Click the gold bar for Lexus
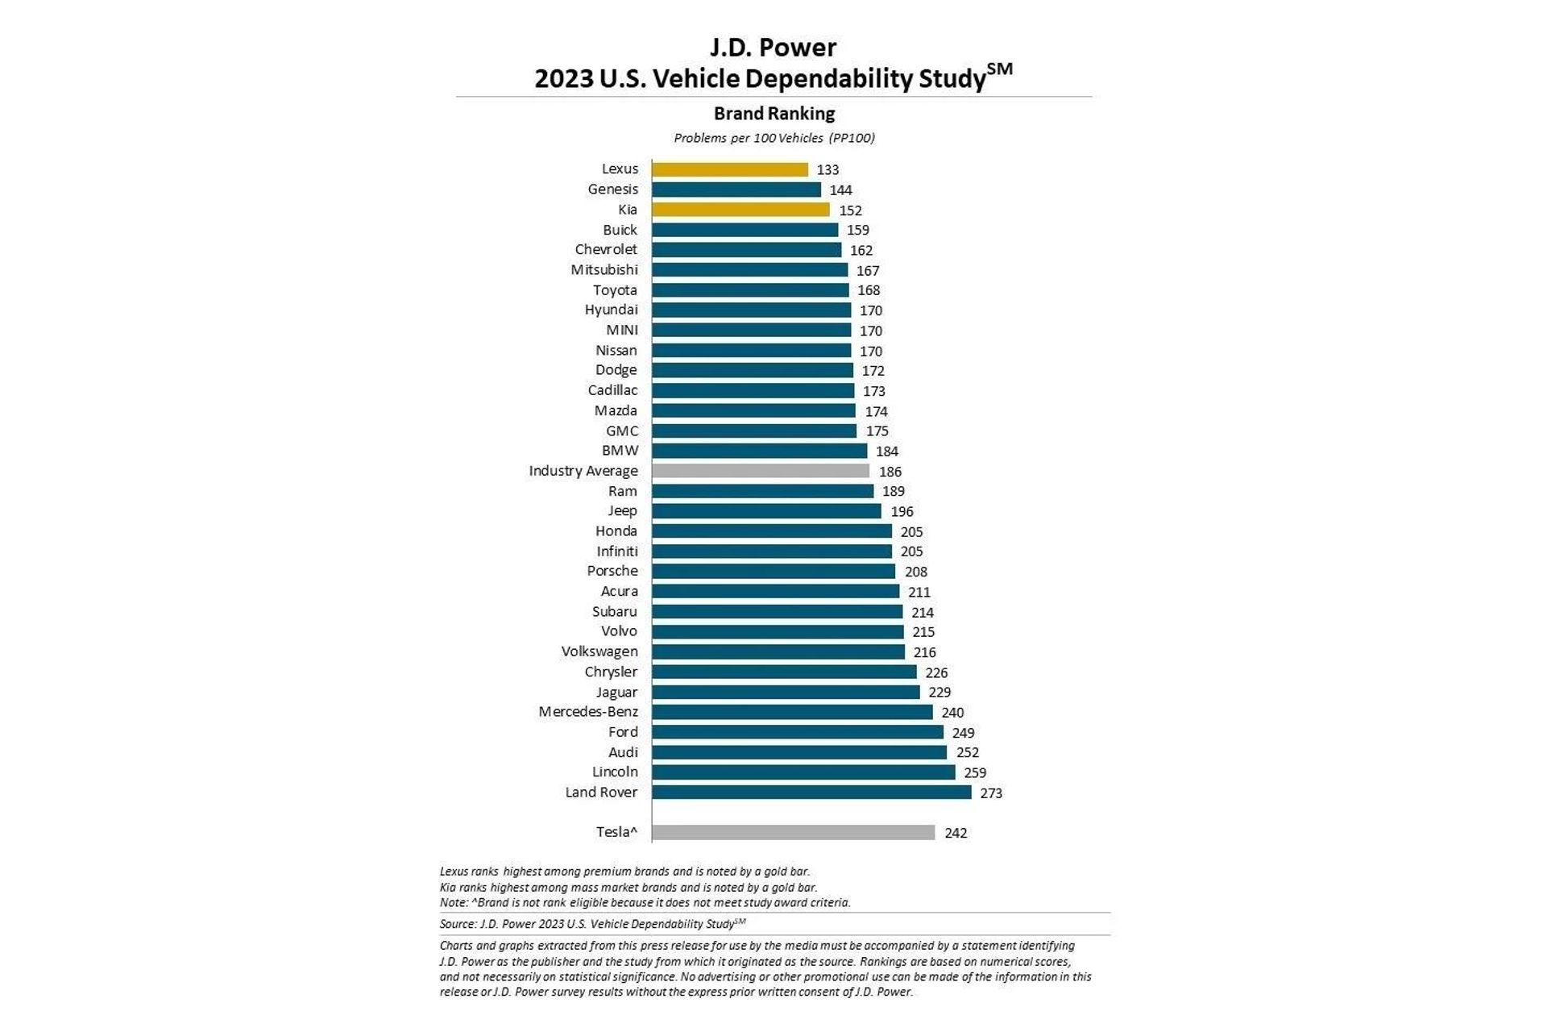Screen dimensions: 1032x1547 729,169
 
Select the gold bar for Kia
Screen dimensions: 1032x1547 740,210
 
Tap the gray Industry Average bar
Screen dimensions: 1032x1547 760,471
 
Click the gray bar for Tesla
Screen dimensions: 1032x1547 793,832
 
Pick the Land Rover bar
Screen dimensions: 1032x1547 811,793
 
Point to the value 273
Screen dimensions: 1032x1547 991,793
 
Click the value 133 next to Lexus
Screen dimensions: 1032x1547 827,170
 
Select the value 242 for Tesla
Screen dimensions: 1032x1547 956,833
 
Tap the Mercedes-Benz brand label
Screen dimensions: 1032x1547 588,712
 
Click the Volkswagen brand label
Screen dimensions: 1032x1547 599,651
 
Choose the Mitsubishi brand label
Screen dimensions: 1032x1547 604,270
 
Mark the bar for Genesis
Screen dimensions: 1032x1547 736,189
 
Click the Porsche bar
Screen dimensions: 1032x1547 773,572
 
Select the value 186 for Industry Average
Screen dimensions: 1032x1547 890,472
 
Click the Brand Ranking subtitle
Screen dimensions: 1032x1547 773,114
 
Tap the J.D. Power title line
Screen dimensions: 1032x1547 773,48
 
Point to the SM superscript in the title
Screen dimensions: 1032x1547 999,69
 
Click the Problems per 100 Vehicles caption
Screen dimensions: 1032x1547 773,138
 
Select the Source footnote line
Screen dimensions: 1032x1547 592,924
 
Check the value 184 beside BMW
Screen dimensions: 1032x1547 886,451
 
